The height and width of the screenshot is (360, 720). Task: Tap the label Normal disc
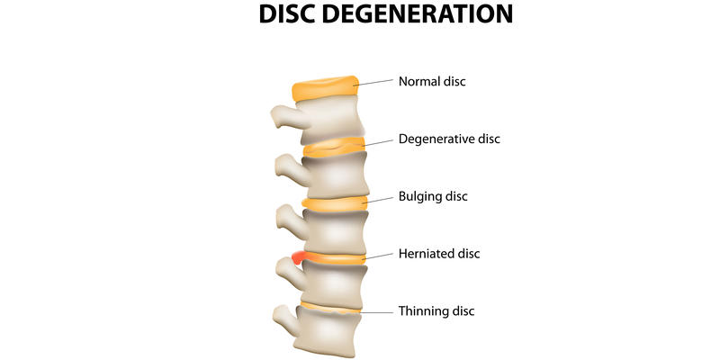(432, 82)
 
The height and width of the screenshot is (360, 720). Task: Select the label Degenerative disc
(449, 139)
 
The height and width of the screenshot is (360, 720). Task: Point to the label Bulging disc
(433, 195)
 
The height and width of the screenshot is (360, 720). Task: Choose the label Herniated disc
(439, 254)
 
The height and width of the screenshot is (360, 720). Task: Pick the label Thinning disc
(436, 311)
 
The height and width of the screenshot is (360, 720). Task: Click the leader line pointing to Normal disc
(376, 83)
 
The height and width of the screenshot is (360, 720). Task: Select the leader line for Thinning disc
(378, 311)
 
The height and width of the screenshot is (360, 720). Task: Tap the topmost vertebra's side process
(283, 116)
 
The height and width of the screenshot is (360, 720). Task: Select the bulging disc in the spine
(335, 204)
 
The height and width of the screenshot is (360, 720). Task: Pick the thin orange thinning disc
(331, 309)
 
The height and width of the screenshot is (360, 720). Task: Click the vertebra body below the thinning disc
(331, 335)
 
